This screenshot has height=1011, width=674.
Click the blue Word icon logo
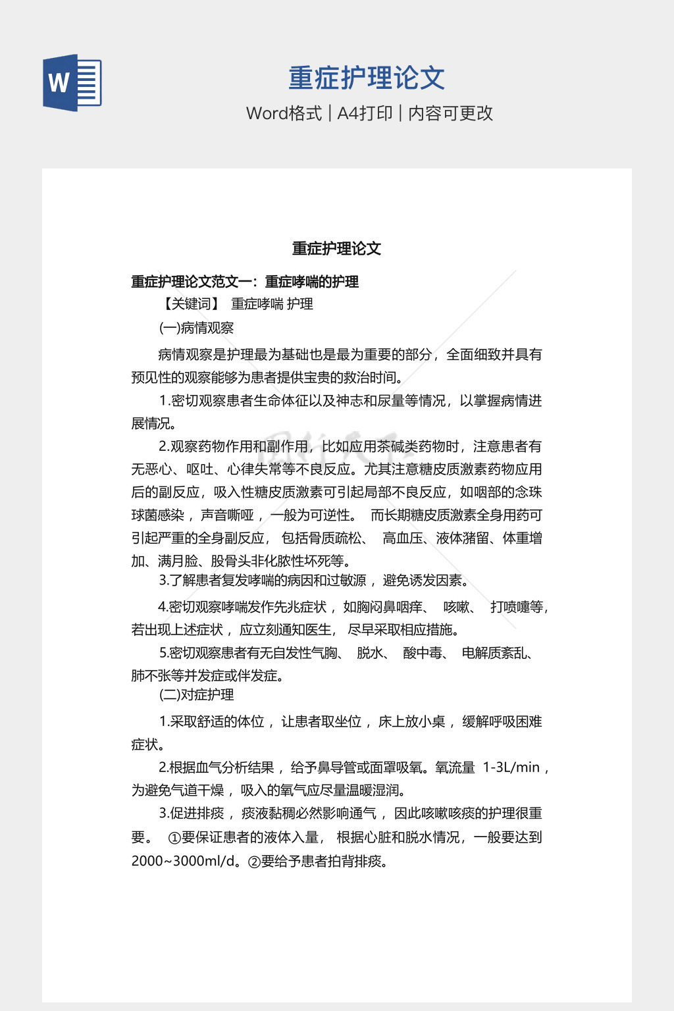pos(72,83)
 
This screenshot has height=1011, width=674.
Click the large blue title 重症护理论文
pos(367,78)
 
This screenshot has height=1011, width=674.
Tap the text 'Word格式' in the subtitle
pos(284,113)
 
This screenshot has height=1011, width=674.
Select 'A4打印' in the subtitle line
pos(365,113)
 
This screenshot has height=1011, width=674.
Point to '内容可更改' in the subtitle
pos(450,113)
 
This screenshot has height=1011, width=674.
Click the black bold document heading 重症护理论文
pos(336,249)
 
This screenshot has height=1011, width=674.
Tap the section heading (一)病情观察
pos(196,328)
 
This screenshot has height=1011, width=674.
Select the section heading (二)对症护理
pos(196,695)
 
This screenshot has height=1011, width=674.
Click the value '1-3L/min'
pos(511,767)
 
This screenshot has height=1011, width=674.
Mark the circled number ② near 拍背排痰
pos(254,862)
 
